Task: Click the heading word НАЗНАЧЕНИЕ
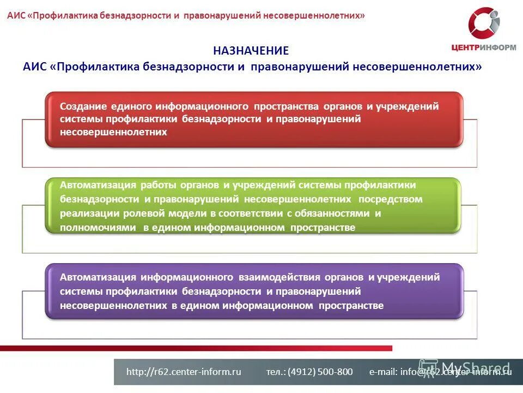pos(251,51)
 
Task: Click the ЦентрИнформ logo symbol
pos(484,23)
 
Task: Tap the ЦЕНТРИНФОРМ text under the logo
pos(484,47)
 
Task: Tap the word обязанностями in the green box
pos(335,213)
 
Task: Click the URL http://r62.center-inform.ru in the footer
pos(184,372)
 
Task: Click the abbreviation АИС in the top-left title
pos(16,15)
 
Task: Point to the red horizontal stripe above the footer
pos(196,348)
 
